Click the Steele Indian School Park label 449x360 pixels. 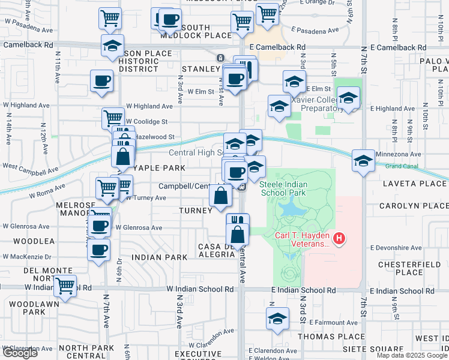(x=283, y=188)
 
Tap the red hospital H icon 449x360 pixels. (x=340, y=239)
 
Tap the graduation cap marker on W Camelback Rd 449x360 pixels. (x=111, y=46)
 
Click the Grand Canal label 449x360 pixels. (x=402, y=165)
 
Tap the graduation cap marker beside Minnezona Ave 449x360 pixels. (x=363, y=161)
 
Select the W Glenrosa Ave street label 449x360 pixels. (x=139, y=228)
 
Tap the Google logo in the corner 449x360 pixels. (x=20, y=353)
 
